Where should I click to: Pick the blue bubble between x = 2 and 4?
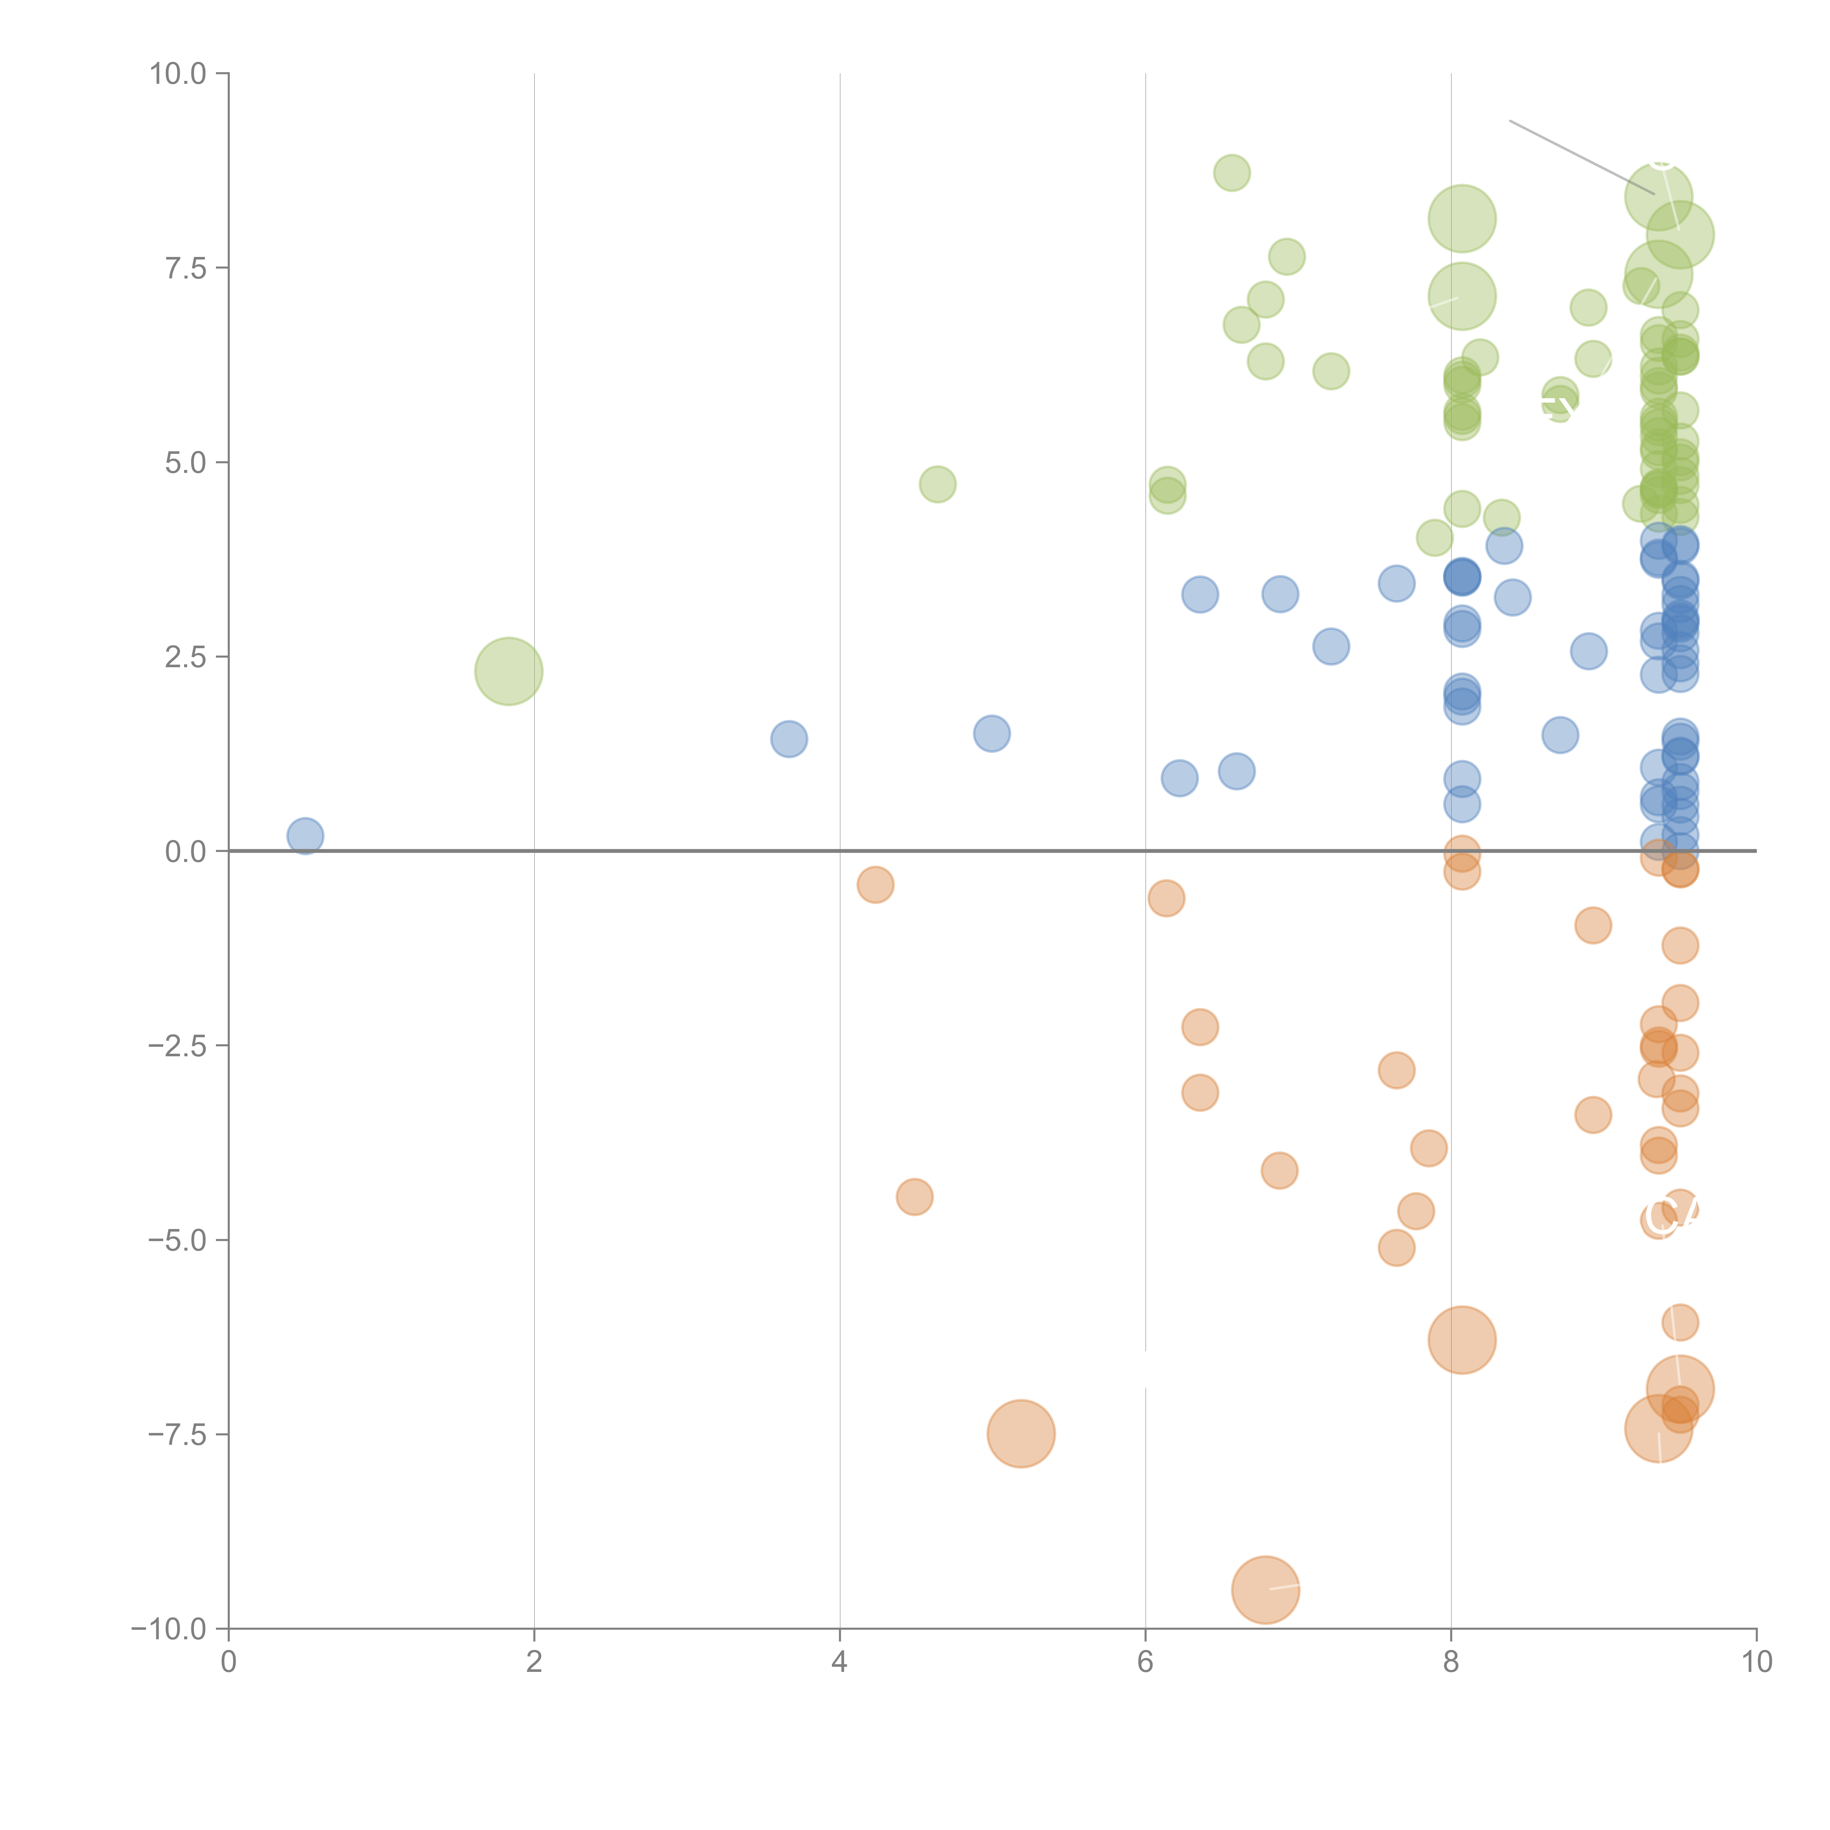pos(789,739)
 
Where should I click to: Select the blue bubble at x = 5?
pos(992,733)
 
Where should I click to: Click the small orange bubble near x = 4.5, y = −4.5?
pos(914,1197)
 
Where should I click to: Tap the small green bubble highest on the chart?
pos(1231,172)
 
